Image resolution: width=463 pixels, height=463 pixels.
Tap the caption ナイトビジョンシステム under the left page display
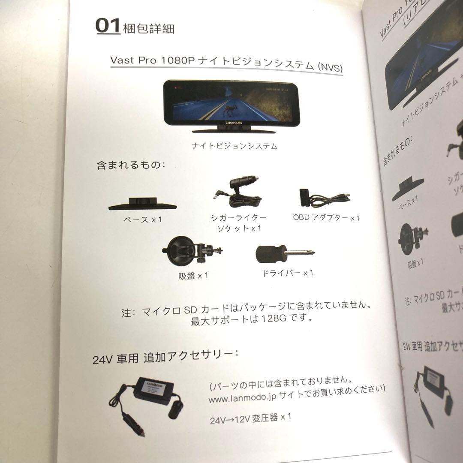pos(235,146)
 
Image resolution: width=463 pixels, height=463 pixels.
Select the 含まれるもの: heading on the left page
pos(131,165)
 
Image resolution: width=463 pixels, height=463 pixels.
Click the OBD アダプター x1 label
pos(326,218)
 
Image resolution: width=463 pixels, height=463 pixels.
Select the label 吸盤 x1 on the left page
pos(194,276)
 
